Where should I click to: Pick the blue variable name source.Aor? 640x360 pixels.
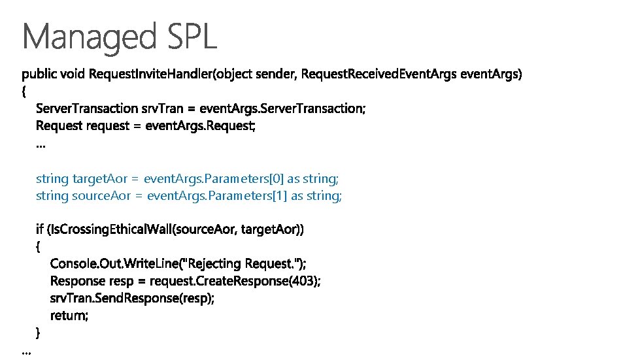[100, 195]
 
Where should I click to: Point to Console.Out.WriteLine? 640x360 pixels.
[115, 263]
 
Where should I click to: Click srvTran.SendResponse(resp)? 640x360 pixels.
[133, 298]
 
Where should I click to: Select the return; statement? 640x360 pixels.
[69, 316]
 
